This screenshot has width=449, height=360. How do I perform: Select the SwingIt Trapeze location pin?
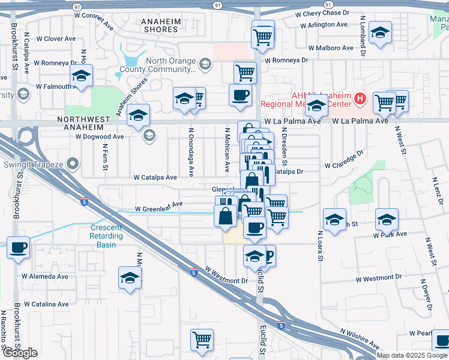(73, 163)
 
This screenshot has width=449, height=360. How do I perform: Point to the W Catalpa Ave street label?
(155, 178)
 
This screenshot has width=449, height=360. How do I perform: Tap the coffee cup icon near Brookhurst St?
(17, 247)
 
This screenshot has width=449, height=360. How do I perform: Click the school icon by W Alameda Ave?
(130, 278)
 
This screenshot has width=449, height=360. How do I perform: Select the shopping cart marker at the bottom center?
(202, 340)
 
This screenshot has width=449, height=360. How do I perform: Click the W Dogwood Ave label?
(99, 137)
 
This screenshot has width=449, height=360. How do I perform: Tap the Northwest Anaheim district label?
(84, 120)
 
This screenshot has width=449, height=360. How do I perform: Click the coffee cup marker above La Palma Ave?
(241, 95)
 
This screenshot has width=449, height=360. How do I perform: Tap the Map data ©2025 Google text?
(411, 355)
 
